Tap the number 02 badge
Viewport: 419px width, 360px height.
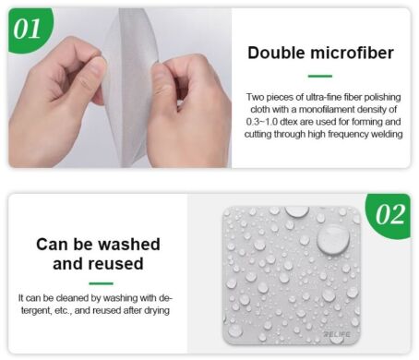[391, 215]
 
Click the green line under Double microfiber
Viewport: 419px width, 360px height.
[318, 76]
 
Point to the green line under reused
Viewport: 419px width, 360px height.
[98, 283]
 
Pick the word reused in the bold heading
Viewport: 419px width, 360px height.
[118, 264]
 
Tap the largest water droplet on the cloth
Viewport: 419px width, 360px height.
[332, 239]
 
